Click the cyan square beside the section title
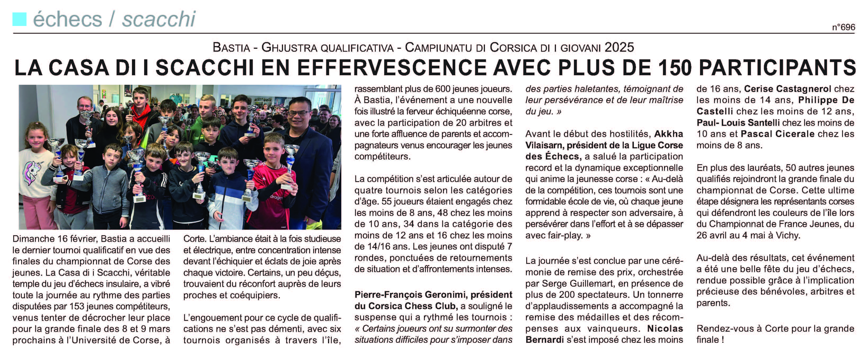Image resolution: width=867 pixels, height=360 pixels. point(20,19)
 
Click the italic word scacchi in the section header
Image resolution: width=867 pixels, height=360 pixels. point(158,19)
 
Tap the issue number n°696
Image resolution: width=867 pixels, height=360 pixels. point(843,27)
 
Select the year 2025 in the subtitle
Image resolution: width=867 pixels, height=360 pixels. point(619,47)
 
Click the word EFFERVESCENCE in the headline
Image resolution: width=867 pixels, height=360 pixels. point(391,68)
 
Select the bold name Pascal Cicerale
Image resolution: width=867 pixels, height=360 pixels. point(777,134)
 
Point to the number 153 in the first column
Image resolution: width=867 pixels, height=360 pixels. point(77,306)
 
